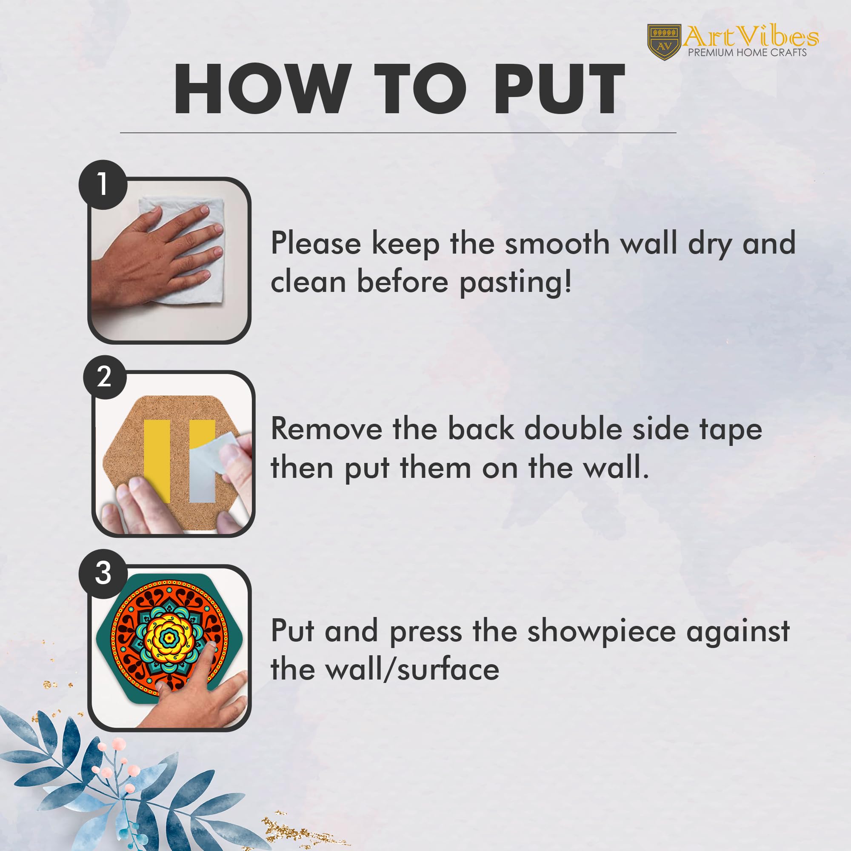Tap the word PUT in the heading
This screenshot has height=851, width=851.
pos(559,89)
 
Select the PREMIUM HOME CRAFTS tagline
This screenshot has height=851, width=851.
pos(748,52)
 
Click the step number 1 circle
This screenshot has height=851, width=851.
pos(103,184)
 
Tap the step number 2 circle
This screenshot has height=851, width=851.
pos(105,377)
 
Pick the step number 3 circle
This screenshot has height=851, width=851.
pos(103,574)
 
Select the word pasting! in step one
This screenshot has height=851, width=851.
pos(516,283)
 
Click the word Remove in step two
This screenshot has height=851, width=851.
pos(326,429)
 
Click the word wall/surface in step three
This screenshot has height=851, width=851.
pos(412,670)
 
